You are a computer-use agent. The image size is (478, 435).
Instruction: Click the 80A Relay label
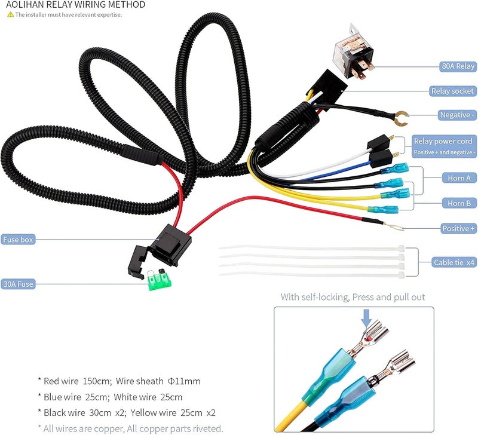[458, 66]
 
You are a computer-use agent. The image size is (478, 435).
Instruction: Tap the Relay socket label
[453, 91]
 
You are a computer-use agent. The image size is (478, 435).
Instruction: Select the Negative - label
[457, 115]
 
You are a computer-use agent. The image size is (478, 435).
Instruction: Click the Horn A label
[459, 178]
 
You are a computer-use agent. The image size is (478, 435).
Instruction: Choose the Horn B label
[459, 203]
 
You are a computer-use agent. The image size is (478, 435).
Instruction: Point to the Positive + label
[458, 229]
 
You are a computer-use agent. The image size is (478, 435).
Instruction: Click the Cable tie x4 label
[454, 262]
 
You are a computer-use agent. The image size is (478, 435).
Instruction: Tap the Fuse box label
[18, 240]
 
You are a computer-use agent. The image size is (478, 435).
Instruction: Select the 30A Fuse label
[18, 284]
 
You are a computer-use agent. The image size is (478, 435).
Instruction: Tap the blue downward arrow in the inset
[366, 318]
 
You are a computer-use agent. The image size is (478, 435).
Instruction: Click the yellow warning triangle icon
[11, 14]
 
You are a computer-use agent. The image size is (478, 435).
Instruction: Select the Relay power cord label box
[444, 146]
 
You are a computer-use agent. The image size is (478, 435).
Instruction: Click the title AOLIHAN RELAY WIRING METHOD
[76, 5]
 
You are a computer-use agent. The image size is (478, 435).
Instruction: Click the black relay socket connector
[326, 86]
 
